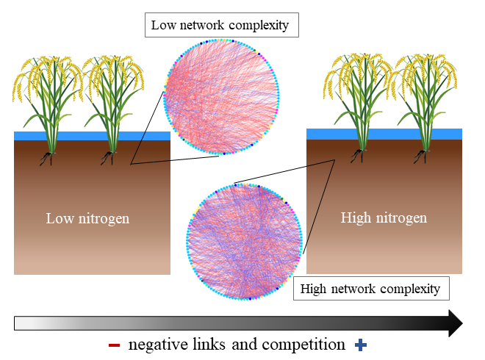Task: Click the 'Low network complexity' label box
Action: tap(220, 26)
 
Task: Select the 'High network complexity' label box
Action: tap(371, 288)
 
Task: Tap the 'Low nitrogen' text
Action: tap(87, 218)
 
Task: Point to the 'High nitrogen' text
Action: tap(384, 217)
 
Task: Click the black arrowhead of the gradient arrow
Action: tap(455, 323)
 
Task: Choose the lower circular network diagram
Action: tap(244, 242)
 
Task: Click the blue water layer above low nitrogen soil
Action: tap(92, 136)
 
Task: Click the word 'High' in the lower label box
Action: tap(315, 288)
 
